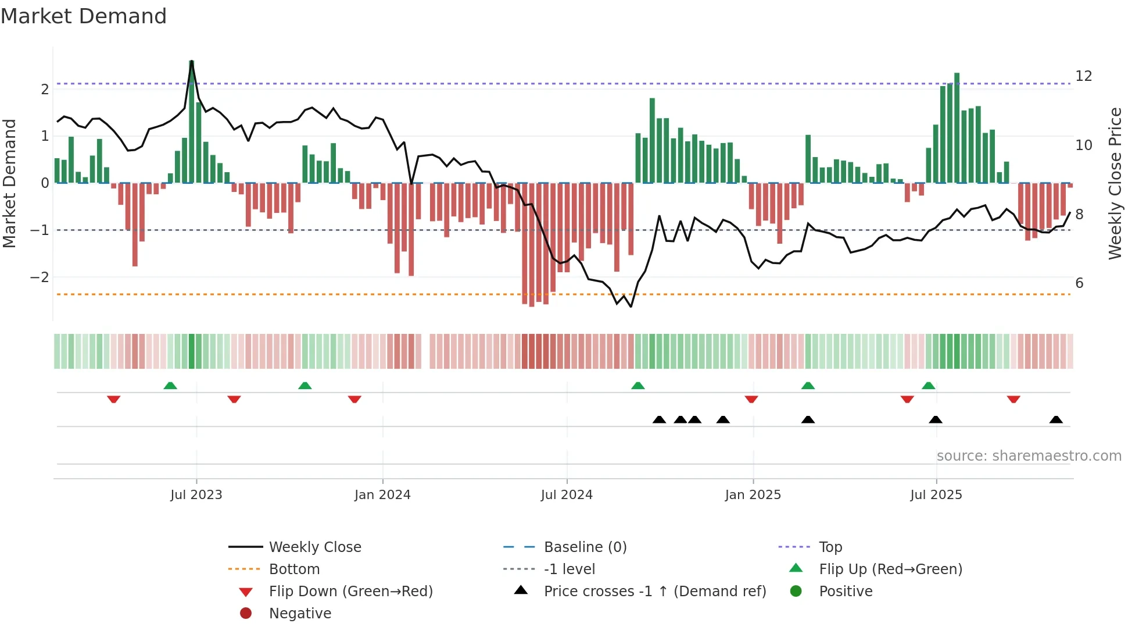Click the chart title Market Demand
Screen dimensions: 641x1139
pos(84,16)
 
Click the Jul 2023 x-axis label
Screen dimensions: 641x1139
pos(196,495)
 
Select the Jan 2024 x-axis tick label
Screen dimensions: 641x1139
pos(382,495)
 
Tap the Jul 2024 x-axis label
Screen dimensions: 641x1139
pos(567,495)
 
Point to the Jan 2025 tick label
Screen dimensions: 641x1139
pos(753,495)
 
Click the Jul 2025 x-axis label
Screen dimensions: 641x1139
pos(936,495)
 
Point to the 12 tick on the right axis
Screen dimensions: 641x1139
pos(1083,76)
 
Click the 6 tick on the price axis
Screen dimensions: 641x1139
pos(1079,283)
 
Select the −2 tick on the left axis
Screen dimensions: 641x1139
pos(40,277)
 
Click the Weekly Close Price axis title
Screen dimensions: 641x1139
pos(1115,183)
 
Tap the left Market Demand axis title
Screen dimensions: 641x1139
pos(10,183)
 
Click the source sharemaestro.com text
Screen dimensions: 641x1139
pos(1029,456)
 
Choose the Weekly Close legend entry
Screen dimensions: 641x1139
pos(314,547)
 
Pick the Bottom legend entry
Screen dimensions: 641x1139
pos(294,569)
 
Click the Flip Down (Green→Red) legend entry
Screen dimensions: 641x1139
pos(350,592)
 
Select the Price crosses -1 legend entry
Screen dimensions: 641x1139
pos(654,592)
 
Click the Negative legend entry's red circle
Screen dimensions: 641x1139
pos(246,614)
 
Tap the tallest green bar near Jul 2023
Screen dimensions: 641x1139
pos(192,122)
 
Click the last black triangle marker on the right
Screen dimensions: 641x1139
pos(1056,420)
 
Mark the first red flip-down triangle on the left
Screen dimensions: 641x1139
pos(114,399)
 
